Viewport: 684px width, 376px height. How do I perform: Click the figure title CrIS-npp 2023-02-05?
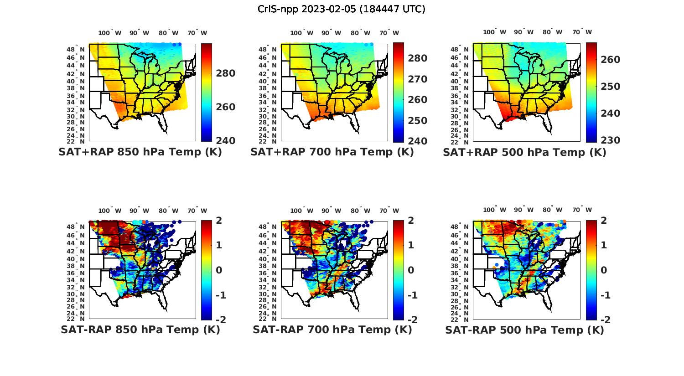click(x=342, y=9)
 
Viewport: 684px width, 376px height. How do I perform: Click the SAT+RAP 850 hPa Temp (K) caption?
click(x=140, y=152)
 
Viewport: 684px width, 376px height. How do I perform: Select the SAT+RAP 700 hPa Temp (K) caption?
click(x=332, y=152)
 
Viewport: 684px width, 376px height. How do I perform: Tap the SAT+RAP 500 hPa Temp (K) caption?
click(x=524, y=152)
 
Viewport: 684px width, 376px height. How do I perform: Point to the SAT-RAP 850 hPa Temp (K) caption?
click(x=140, y=330)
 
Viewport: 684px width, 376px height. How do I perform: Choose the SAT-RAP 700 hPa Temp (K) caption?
click(x=332, y=330)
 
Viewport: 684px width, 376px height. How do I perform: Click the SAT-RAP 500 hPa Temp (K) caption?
click(x=524, y=330)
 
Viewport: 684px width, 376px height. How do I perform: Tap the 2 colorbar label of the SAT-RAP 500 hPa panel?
click(x=605, y=221)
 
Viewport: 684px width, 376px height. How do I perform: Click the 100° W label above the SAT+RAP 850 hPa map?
click(x=110, y=33)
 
